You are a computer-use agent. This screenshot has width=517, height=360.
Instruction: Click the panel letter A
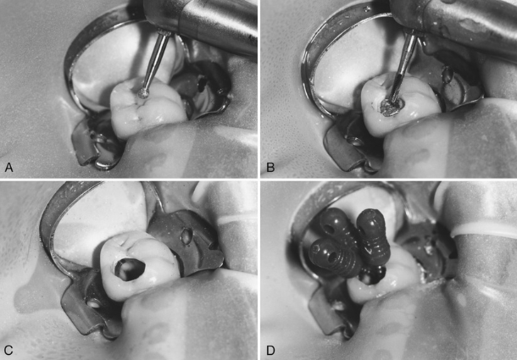pos(9,168)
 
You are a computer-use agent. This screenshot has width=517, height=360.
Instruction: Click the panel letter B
pos(270,168)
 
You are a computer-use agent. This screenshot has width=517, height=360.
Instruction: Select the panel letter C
pos(8,350)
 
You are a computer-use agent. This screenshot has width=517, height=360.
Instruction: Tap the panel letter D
pos(270,350)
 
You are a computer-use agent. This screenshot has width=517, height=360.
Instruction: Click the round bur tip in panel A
pos(143,94)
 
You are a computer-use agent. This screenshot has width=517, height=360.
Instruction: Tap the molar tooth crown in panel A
pos(147,106)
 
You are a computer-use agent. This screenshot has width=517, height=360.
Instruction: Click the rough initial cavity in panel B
pos(392,106)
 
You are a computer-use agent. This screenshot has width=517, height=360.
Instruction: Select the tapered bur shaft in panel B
pos(403,66)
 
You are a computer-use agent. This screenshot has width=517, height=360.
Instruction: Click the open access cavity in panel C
pos(129,269)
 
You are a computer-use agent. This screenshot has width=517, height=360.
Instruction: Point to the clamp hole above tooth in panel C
pos(186,236)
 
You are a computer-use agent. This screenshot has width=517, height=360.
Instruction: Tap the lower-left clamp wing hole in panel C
pos(93,303)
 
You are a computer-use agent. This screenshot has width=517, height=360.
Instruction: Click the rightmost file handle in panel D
pos(373,236)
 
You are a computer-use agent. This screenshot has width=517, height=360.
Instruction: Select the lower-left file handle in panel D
pos(333,258)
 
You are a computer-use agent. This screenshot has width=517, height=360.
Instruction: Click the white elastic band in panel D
pos(484,229)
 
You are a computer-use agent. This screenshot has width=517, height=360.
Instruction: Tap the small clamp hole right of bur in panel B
pos(447,75)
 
